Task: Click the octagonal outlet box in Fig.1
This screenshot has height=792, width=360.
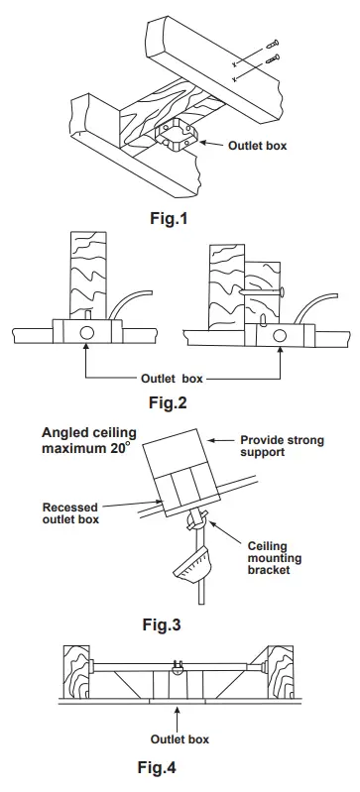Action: tap(176, 137)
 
